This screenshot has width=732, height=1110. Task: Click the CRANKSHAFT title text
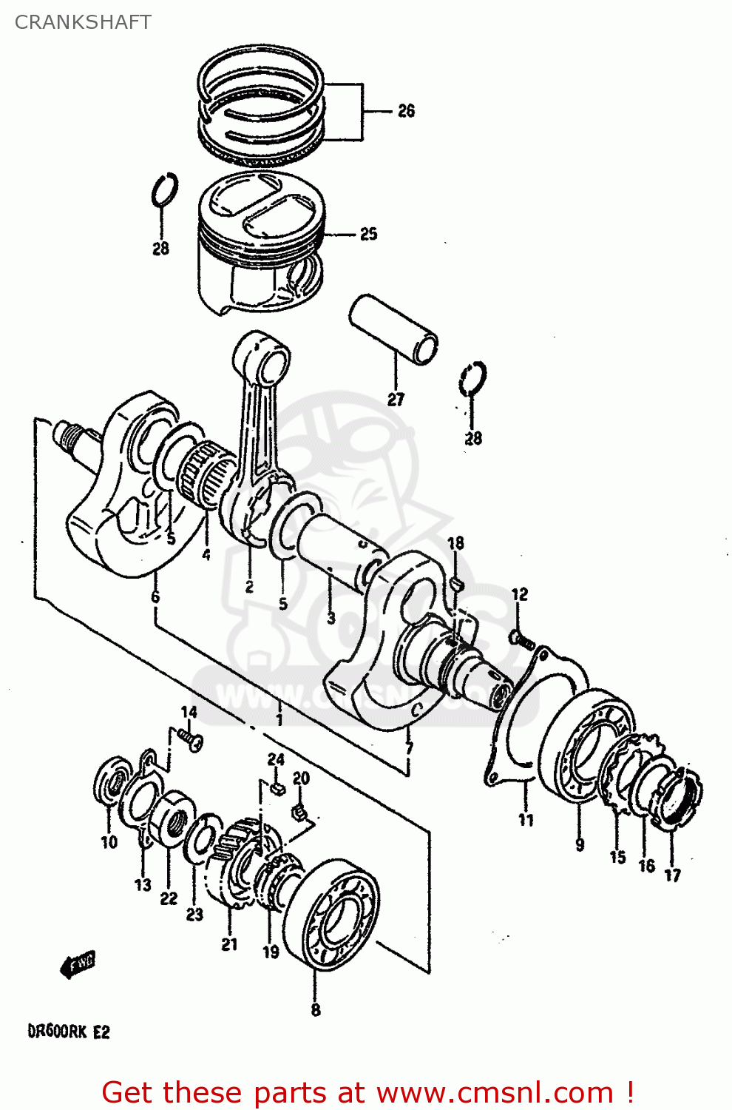[x=83, y=22]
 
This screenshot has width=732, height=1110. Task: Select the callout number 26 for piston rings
[x=406, y=111]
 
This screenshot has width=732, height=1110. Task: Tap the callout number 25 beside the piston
[x=368, y=235]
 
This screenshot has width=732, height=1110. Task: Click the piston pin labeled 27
[x=393, y=329]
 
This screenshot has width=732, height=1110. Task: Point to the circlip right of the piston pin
[x=472, y=380]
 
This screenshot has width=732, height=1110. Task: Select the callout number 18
[x=455, y=543]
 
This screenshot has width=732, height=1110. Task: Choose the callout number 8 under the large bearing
[x=316, y=1009]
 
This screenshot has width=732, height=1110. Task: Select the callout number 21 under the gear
[x=230, y=943]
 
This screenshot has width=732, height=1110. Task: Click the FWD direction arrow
[x=78, y=964]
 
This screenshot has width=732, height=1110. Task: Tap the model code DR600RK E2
[x=68, y=1031]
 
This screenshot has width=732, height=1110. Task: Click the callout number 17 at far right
[x=671, y=875]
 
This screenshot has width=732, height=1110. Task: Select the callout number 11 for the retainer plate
[x=526, y=820]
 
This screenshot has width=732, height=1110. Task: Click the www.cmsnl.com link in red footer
[x=495, y=1092]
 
